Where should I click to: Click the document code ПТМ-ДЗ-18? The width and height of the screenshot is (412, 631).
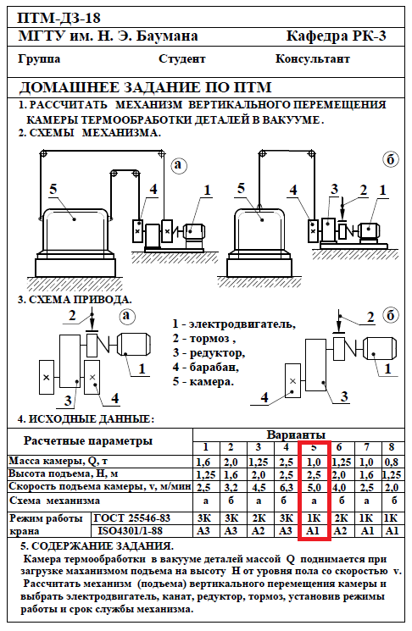pos(58,18)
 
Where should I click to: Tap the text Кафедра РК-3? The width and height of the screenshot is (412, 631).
pos(336,36)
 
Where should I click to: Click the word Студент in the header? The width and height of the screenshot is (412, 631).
pos(182,59)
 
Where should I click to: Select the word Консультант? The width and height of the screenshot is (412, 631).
pos(313,58)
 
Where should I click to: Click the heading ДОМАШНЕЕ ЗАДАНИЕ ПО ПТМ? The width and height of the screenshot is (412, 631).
pos(146,87)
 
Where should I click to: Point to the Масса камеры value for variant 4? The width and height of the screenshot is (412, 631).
pos(286,462)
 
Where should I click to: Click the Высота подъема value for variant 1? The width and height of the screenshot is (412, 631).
pos(206,475)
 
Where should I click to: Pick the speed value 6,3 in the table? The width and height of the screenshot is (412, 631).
pos(286,488)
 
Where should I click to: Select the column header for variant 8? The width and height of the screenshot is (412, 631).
pos(392,447)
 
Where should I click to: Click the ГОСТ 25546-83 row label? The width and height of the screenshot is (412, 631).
pos(132,518)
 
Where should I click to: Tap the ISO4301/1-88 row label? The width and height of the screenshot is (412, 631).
pos(130,531)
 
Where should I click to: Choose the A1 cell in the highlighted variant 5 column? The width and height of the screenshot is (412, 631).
pos(314,531)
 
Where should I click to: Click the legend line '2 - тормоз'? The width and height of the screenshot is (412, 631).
pos(204,339)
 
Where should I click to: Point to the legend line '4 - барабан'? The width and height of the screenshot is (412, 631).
pos(206,367)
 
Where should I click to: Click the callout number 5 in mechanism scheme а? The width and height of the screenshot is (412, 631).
pos(53,189)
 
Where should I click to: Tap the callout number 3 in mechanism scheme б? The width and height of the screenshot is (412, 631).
pos(334,189)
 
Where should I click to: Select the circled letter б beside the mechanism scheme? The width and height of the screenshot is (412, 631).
pos(390,160)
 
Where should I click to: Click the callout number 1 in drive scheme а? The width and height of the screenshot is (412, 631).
pos(142,368)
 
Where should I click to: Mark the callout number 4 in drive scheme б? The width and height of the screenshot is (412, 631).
pos(264,397)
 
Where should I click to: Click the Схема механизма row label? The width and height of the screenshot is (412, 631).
pos(55,501)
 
